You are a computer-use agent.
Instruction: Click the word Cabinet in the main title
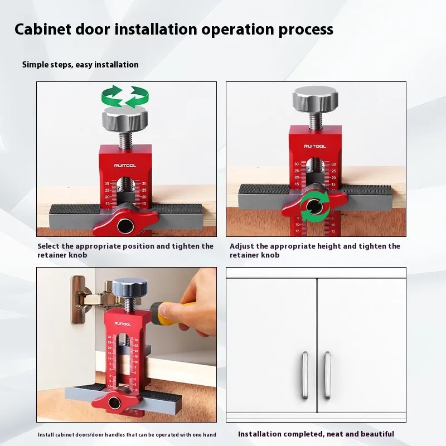coord(42,29)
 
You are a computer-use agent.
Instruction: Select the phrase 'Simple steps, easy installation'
coord(80,65)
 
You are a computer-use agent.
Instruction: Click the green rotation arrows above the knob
coord(125,96)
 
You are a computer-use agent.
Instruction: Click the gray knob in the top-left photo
coord(125,118)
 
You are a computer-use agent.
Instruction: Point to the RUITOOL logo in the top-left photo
coord(125,166)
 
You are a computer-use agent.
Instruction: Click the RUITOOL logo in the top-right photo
coord(315,147)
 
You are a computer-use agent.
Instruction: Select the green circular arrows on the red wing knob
coord(314,206)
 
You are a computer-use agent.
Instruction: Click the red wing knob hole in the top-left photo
coord(125,226)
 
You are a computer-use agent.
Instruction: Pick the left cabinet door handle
coord(305,375)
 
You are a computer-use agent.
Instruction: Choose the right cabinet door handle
coord(328,375)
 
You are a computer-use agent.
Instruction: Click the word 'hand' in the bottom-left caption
coord(210,435)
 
